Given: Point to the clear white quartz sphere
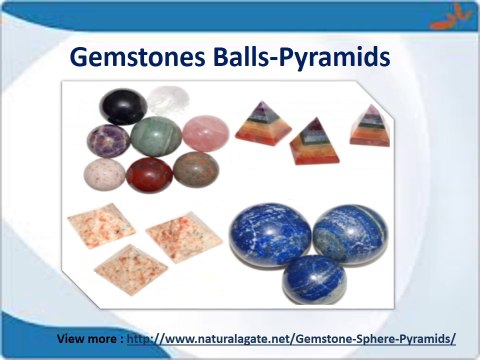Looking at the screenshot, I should point(168,101).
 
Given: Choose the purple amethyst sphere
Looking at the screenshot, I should point(108,141).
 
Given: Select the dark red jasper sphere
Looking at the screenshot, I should point(149,174).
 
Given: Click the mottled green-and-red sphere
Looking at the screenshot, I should point(195,168).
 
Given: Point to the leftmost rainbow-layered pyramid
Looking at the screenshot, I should point(263,123).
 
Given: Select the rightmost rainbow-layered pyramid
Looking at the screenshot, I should point(369,126).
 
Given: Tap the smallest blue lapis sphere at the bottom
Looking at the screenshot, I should point(313,279).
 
